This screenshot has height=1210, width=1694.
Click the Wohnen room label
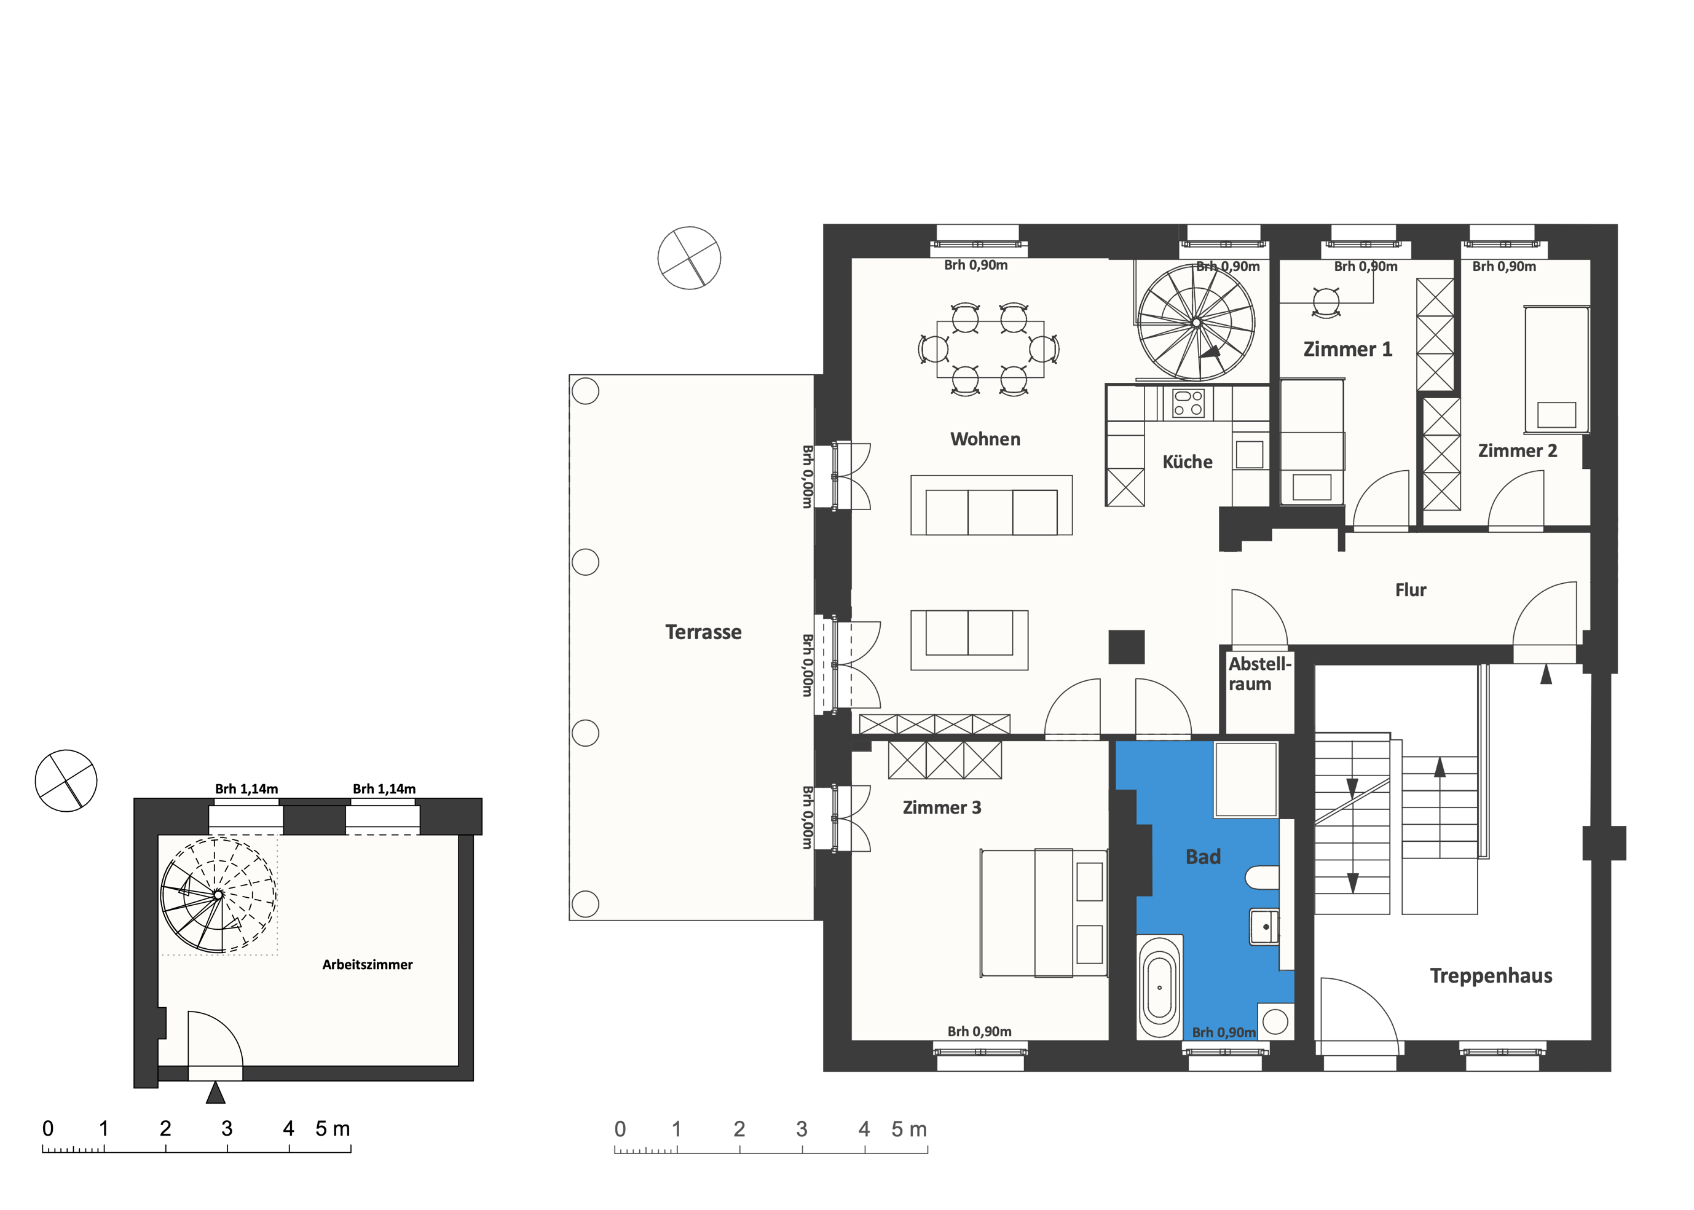click(985, 439)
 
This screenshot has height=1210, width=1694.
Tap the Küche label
click(1188, 462)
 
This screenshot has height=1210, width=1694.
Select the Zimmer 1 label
click(1347, 350)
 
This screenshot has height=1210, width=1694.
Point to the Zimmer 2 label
click(1518, 451)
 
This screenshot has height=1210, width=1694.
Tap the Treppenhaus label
click(1491, 976)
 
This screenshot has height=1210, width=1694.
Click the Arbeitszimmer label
click(367, 965)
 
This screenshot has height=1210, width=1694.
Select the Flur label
click(1410, 590)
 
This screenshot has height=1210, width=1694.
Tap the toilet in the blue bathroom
click(1262, 877)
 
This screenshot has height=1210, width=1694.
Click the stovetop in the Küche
click(1188, 403)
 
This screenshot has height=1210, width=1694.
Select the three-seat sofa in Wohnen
click(991, 505)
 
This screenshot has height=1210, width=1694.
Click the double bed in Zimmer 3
click(1043, 913)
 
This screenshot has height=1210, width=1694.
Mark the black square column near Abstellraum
click(1126, 646)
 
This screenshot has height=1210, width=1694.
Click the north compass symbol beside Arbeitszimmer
click(66, 781)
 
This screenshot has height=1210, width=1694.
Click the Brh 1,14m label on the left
click(246, 789)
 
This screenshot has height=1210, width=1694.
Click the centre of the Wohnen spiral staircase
click(1196, 323)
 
